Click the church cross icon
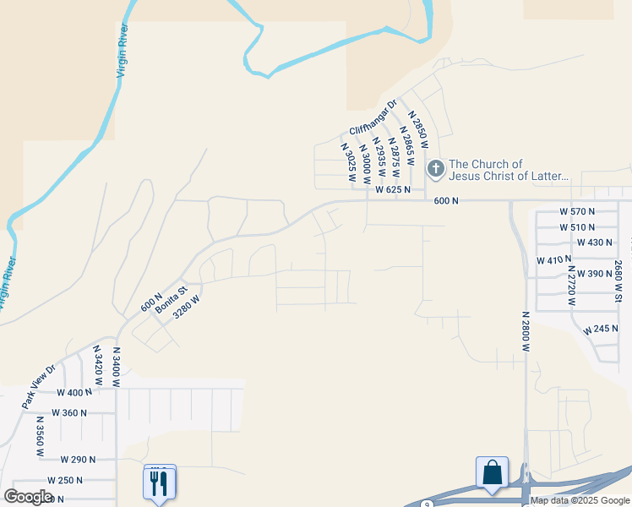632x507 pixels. pyautogui.click(x=435, y=169)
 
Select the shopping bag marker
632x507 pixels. pyautogui.click(x=492, y=473)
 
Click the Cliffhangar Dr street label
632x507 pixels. pyautogui.click(x=373, y=118)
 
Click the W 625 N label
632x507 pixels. pyautogui.click(x=393, y=190)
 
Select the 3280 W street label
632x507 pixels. pyautogui.click(x=187, y=306)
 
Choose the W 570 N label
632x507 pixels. pyautogui.click(x=577, y=210)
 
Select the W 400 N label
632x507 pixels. pyautogui.click(x=74, y=393)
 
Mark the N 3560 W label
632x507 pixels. pyautogui.click(x=39, y=436)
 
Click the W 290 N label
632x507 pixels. pyautogui.click(x=78, y=459)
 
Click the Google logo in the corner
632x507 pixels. pyautogui.click(x=28, y=497)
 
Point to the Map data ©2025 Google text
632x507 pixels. pyautogui.click(x=580, y=501)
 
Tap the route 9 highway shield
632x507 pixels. pyautogui.click(x=428, y=504)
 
